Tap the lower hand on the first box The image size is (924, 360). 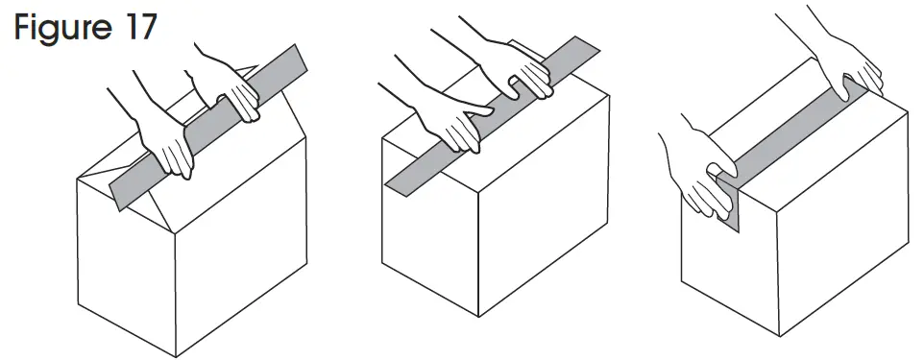(x=168, y=144)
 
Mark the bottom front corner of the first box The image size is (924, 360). (x=176, y=353)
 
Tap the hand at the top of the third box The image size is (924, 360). (x=850, y=67)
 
